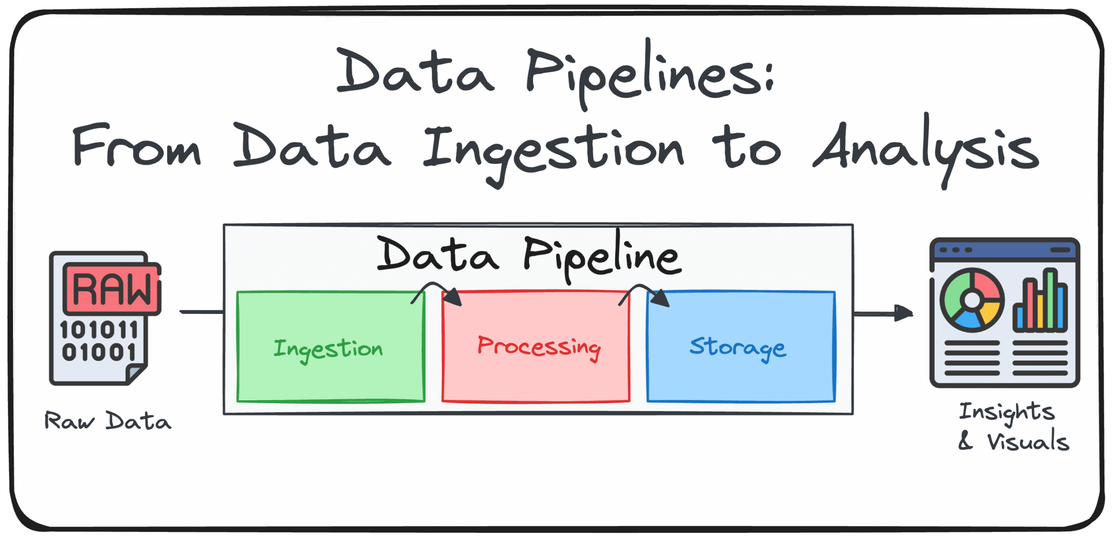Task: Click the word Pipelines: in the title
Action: point(650,74)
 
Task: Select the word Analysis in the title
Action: point(926,150)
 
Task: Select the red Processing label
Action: point(539,347)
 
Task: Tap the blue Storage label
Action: point(738,348)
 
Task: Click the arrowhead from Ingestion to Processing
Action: point(453,297)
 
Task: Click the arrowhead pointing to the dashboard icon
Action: point(903,313)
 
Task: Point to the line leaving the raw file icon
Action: point(201,312)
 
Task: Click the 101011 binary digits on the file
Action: point(99,330)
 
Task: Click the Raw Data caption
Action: point(108,421)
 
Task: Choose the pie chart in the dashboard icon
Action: point(972,300)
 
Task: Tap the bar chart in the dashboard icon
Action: point(1040,300)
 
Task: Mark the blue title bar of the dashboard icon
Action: point(1005,250)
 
